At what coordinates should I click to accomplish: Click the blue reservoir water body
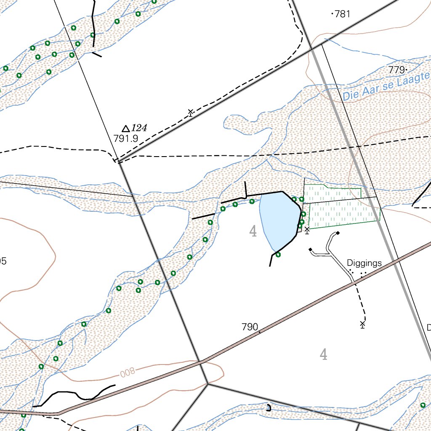pyautogui.click(x=278, y=219)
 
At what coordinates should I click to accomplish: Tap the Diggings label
pyautogui.click(x=364, y=263)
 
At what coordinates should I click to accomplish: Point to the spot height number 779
pyautogui.click(x=397, y=69)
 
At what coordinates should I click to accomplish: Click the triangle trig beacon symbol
pyautogui.click(x=125, y=128)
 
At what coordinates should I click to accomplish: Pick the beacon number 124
pyautogui.click(x=139, y=128)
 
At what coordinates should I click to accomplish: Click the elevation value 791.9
pyautogui.click(x=126, y=138)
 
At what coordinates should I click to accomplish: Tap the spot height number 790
pyautogui.click(x=250, y=327)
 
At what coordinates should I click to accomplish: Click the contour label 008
pyautogui.click(x=127, y=372)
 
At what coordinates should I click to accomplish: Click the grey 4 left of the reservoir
pyautogui.click(x=253, y=231)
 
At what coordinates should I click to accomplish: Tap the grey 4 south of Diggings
pyautogui.click(x=323, y=355)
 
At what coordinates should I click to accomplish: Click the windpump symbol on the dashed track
pyautogui.click(x=190, y=112)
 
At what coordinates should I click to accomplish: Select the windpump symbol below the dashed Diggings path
pyautogui.click(x=362, y=324)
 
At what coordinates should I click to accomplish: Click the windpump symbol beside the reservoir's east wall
pyautogui.click(x=307, y=230)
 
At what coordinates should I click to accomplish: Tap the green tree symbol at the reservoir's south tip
pyautogui.click(x=278, y=255)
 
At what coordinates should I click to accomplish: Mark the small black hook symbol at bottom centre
pyautogui.click(x=269, y=407)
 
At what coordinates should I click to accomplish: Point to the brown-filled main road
pyautogui.click(x=295, y=314)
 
